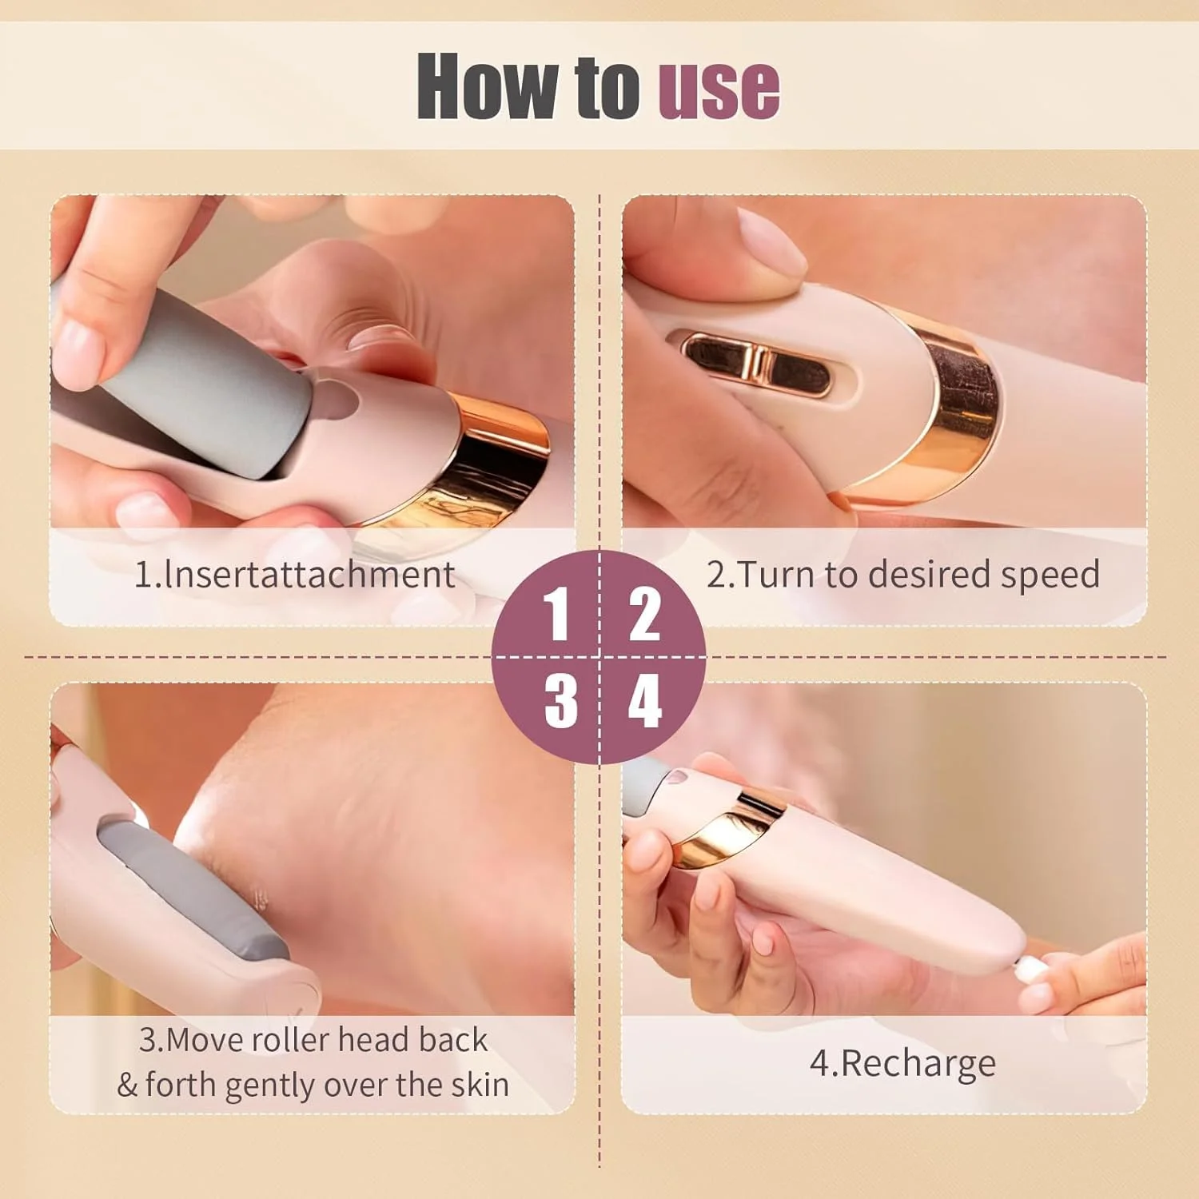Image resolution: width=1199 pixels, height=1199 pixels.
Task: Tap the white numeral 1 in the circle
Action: [x=556, y=614]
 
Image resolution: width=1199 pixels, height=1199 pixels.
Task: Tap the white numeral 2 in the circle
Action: [x=644, y=614]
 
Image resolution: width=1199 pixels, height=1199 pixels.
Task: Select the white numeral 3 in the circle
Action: [x=561, y=700]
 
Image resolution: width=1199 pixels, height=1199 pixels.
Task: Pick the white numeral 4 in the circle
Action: [x=644, y=700]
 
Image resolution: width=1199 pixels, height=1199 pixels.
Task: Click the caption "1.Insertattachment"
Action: [x=294, y=575]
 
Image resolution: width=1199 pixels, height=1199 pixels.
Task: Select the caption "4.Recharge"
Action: [x=902, y=1063]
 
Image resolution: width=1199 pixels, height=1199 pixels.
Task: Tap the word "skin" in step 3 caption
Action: [x=480, y=1085]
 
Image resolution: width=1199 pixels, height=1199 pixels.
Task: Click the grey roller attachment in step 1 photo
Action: [x=200, y=384]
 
